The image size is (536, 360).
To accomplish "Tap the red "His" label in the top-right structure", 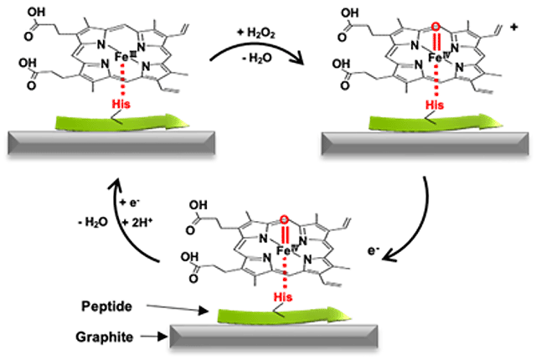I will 435,104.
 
